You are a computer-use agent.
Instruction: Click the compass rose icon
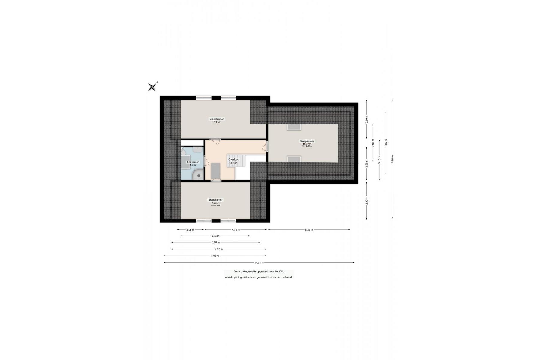[153, 87]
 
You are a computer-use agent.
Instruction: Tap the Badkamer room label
[193, 162]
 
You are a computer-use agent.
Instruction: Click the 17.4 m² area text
[216, 122]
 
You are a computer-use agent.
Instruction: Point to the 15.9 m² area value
[307, 144]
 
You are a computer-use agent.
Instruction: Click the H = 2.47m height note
[216, 205]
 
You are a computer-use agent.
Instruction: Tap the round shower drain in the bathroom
[198, 175]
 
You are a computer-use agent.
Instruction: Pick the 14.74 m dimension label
[259, 263]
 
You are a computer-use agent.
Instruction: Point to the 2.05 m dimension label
[190, 230]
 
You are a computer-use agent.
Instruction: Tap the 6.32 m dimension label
[309, 230]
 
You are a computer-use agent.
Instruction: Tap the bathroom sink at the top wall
[197, 149]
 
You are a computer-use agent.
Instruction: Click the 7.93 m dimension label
[215, 256]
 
